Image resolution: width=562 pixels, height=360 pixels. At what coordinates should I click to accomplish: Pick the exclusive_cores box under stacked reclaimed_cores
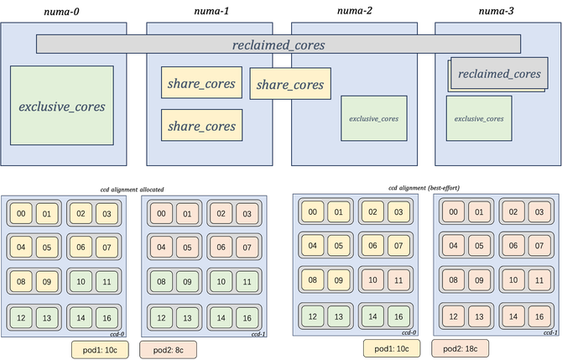click(479, 118)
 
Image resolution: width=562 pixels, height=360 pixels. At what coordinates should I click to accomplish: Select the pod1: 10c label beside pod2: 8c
click(99, 347)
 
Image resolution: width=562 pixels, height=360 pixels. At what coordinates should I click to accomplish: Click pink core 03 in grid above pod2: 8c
click(246, 214)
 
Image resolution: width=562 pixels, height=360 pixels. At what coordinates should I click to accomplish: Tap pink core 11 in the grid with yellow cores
click(398, 280)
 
